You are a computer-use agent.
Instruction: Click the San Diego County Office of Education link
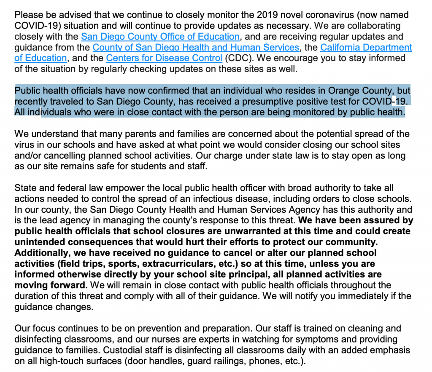click(160, 37)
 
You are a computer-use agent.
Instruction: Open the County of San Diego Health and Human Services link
click(196, 48)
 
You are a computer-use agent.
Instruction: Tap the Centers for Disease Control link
click(164, 58)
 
